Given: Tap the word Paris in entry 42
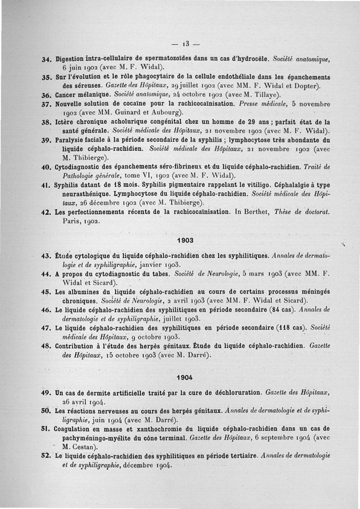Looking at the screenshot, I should tap(71, 221).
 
